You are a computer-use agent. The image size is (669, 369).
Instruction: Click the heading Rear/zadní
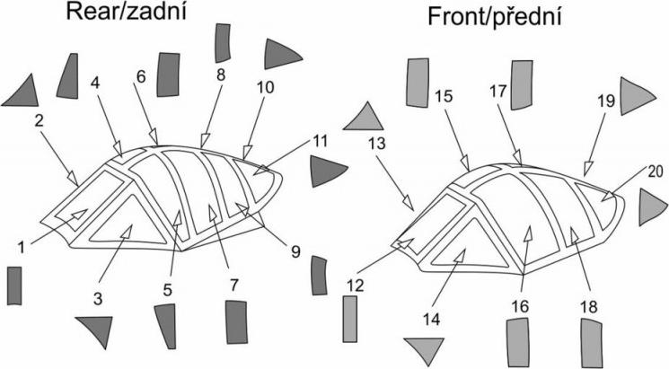(127, 12)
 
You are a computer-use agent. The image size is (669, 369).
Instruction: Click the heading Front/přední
(495, 17)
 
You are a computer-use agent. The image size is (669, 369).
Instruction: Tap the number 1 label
(22, 247)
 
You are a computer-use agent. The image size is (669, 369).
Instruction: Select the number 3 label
(98, 299)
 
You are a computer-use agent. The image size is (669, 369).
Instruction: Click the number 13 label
(377, 144)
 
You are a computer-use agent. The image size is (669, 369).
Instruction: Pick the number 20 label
(656, 171)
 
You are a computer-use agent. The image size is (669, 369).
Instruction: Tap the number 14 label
(431, 319)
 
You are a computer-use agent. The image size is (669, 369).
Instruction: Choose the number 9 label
(295, 251)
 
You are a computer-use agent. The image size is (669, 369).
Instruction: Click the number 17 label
(497, 91)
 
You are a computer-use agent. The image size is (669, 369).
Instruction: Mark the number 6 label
(141, 77)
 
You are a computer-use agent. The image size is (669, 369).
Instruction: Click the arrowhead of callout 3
(127, 232)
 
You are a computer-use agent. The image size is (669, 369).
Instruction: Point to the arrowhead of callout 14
(459, 256)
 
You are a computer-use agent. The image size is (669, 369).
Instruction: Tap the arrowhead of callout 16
(529, 232)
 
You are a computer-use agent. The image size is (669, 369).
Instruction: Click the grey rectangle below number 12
(350, 319)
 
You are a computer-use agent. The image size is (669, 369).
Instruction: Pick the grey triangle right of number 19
(635, 96)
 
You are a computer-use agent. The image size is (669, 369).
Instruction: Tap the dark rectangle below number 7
(236, 322)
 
